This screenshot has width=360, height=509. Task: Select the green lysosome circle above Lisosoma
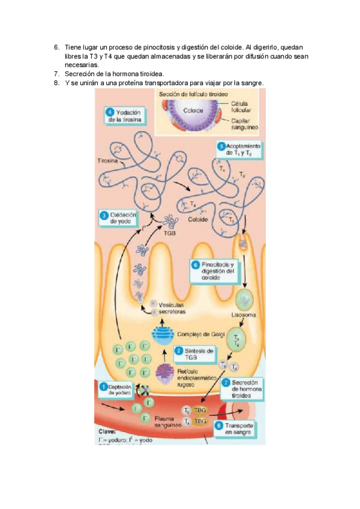(x=245, y=298)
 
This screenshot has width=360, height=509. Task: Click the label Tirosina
(x=108, y=161)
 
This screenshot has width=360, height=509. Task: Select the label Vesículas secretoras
(x=169, y=308)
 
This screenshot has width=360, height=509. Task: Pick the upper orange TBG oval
(x=200, y=411)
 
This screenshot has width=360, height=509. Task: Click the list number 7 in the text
(x=56, y=74)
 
